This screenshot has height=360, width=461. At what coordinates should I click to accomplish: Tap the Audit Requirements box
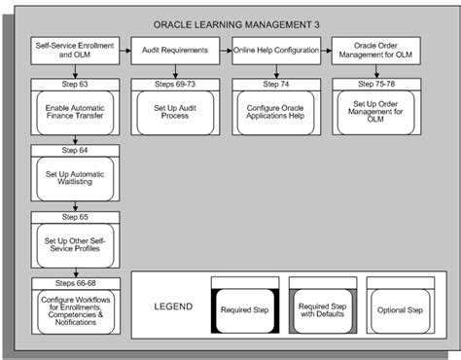pos(176,49)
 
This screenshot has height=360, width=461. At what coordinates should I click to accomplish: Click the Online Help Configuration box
pos(276,49)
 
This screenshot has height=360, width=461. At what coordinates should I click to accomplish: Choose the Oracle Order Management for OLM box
pos(376,50)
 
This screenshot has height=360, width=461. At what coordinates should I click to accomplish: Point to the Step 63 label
pos(75,86)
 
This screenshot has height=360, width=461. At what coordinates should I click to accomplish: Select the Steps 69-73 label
pos(176,86)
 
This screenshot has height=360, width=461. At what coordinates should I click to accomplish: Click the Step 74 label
pos(276,86)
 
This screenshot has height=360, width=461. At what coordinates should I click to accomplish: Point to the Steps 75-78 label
pos(376,86)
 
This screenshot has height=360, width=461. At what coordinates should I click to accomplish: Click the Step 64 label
pos(75,151)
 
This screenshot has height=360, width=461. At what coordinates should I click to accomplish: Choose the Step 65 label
pos(75,216)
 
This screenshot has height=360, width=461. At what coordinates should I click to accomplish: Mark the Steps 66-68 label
pos(75,282)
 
